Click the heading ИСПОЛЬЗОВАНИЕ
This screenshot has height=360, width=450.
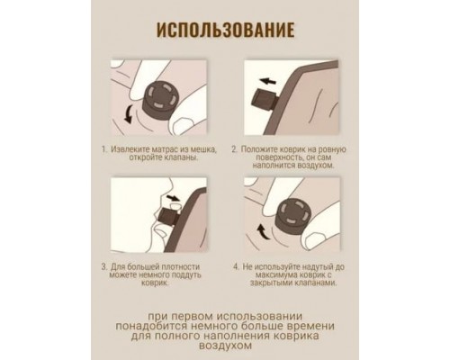click(x=225, y=30)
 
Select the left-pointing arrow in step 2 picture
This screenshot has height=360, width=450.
click(x=268, y=81)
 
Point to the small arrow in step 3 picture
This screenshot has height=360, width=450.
click(x=173, y=198)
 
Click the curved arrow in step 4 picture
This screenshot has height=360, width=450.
click(x=263, y=232)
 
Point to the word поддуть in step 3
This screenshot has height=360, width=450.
click(x=185, y=275)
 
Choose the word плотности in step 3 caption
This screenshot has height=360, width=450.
click(x=180, y=267)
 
